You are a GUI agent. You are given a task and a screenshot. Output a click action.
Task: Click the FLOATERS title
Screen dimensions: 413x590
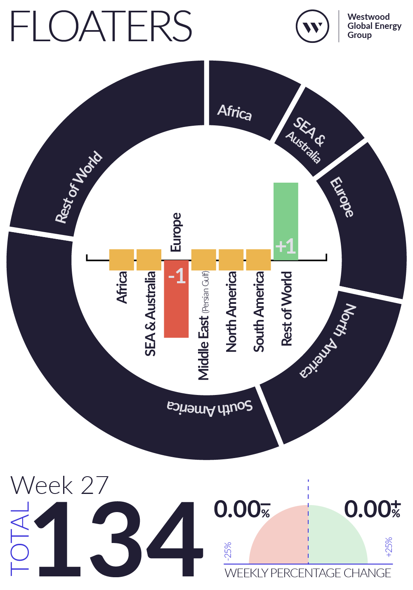(x=101, y=26)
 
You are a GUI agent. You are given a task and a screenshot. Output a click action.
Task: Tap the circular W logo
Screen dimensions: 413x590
(x=312, y=26)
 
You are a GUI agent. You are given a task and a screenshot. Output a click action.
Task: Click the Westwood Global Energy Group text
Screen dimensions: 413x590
(x=374, y=26)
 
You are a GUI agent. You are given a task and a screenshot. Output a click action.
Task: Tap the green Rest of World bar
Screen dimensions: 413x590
(x=286, y=221)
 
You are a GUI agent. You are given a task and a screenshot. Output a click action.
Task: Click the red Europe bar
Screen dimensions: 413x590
(x=176, y=299)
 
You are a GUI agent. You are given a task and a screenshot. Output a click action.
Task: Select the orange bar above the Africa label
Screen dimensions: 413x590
(x=121, y=260)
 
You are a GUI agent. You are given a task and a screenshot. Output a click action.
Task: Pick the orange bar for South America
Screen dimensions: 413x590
(x=258, y=260)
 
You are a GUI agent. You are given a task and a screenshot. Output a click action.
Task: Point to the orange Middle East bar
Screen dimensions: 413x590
(x=203, y=260)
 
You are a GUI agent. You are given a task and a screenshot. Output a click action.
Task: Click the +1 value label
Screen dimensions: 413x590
(x=286, y=246)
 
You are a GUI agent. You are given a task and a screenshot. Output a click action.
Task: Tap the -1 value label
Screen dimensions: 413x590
(x=177, y=276)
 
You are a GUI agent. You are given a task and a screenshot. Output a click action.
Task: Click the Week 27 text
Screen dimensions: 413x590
(x=59, y=485)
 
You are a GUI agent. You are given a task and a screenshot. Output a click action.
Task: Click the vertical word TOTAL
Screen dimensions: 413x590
(x=20, y=538)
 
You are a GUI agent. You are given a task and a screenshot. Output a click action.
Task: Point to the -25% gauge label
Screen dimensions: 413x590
(x=228, y=550)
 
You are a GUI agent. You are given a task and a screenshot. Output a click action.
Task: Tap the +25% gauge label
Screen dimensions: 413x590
(x=389, y=547)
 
